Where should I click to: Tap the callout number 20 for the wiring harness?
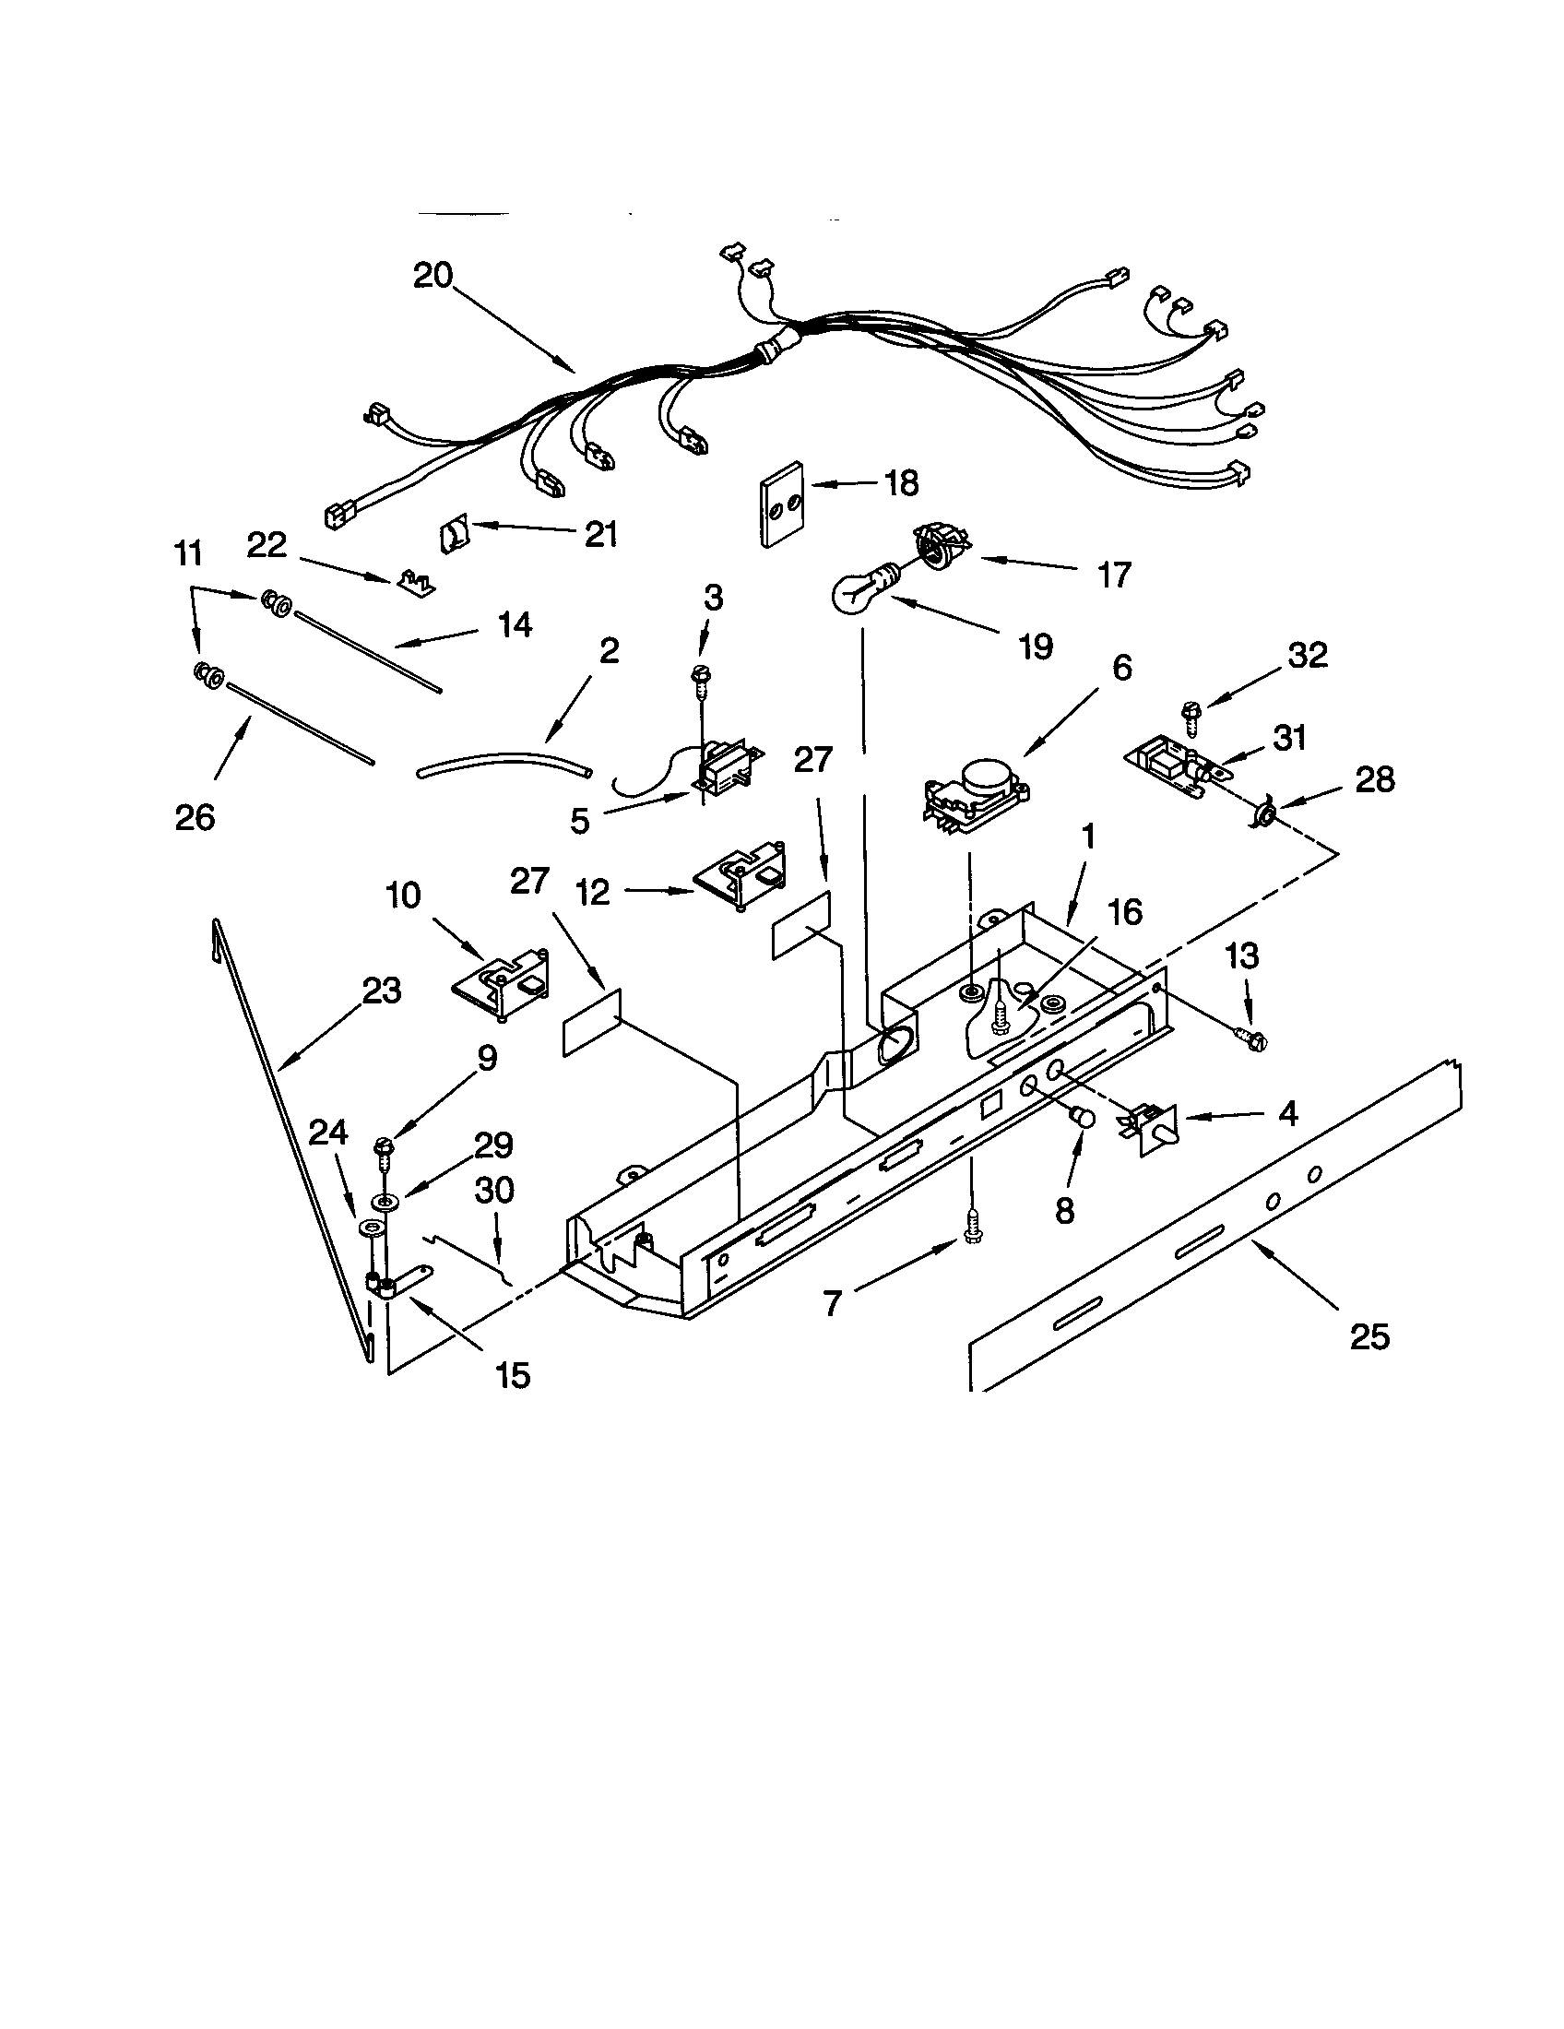[432, 275]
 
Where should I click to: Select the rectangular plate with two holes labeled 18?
[780, 504]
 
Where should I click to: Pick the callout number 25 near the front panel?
[1370, 1337]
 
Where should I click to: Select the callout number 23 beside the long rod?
[381, 991]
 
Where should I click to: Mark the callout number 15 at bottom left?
[513, 1375]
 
